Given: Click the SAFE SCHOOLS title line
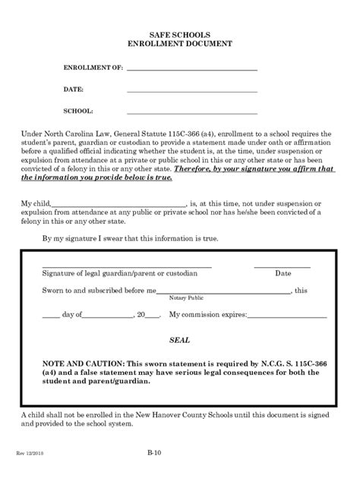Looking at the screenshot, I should [180, 35].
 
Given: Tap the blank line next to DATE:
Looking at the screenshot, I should [191, 90].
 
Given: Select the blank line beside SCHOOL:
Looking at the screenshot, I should [191, 112].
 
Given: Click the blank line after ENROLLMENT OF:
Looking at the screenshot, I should [191, 69].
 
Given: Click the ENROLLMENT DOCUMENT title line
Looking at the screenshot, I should [180, 44].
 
